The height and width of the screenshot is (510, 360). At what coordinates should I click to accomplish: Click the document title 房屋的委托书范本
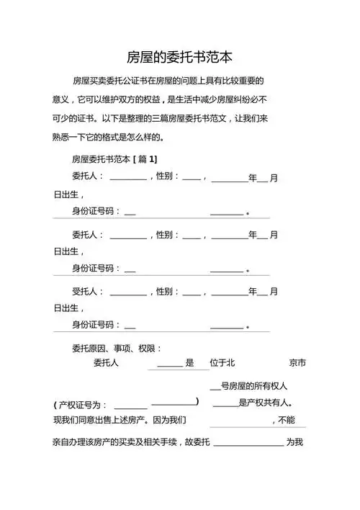click(x=179, y=56)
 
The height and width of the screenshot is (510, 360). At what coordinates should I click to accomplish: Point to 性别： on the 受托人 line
click(x=168, y=292)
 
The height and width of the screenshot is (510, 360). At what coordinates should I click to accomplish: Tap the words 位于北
click(x=222, y=363)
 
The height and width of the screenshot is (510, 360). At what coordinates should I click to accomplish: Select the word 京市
click(x=297, y=363)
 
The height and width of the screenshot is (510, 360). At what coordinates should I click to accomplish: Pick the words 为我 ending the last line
click(x=294, y=441)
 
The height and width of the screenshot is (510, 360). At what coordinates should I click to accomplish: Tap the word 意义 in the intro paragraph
click(x=63, y=99)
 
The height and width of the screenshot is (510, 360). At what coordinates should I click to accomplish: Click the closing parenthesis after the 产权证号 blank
click(x=197, y=401)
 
